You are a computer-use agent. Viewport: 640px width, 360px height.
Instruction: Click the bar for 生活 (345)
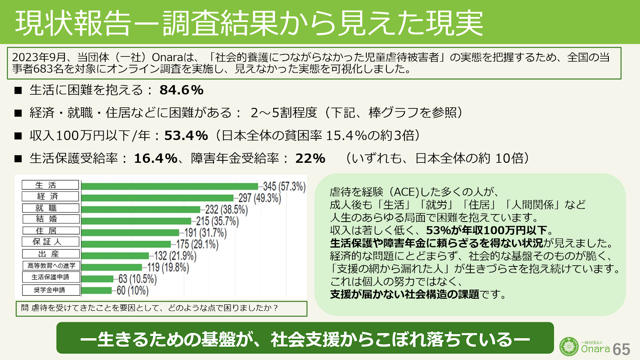(x=170, y=186)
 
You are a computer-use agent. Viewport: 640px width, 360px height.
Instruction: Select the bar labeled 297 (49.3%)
(x=157, y=198)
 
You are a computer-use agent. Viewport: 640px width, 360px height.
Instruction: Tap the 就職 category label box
(x=51, y=208)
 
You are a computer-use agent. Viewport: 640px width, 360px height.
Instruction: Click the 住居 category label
(x=51, y=231)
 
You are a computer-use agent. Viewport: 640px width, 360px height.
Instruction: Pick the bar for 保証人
(x=126, y=244)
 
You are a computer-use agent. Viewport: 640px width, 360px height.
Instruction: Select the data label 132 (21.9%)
(x=175, y=256)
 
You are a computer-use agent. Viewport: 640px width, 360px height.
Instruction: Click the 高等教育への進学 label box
(x=51, y=266)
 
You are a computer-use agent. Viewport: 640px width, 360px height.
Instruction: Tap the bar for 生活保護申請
(x=98, y=279)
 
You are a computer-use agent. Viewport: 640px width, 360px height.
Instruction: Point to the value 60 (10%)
(x=132, y=290)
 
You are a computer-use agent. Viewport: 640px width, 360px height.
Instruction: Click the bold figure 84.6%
(x=182, y=90)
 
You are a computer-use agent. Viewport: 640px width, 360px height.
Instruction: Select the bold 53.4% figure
(x=186, y=136)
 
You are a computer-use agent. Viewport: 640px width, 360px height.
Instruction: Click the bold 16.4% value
(x=156, y=159)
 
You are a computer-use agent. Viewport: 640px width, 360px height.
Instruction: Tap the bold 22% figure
(x=310, y=159)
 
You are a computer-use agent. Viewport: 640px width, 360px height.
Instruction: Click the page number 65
(x=621, y=349)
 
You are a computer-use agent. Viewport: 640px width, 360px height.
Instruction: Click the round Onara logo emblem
(x=569, y=346)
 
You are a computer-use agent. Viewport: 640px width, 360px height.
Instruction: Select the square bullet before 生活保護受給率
(x=18, y=159)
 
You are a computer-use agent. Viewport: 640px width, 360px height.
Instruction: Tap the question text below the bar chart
(x=149, y=308)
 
